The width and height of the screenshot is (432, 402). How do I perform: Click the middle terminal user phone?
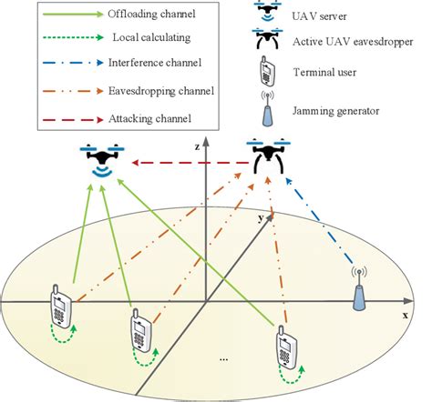pyautogui.click(x=140, y=332)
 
